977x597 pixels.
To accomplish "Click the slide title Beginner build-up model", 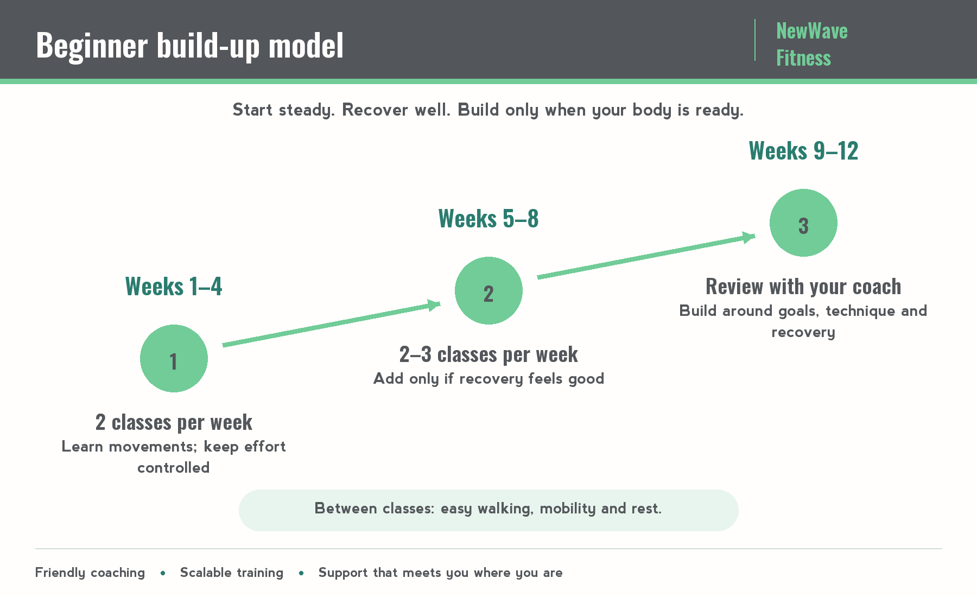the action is pos(189,45).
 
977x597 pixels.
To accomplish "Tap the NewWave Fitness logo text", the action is pos(811,44).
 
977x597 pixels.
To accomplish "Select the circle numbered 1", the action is pos(174,358).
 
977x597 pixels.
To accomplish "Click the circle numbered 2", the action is pos(488,290).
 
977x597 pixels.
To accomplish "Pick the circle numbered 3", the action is pos(803,223).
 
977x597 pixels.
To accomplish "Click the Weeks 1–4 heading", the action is pos(174,286).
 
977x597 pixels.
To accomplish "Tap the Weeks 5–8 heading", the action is pos(488,218).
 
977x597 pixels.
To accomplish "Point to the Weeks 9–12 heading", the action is pos(803,150).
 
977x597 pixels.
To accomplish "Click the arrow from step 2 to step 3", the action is pos(646,256).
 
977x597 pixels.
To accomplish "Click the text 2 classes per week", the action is pos(174,422).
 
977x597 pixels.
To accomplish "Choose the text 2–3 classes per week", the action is pos(488,354).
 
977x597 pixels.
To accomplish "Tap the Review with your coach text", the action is pos(803,287).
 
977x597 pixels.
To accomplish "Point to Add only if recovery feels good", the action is pos(488,379).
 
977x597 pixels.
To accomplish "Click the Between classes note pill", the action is pos(488,510).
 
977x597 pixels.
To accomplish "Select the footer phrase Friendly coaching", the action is pos(90,573).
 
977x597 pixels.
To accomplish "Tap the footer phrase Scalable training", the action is pos(232,573).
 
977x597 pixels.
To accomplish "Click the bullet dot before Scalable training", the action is pos(163,573).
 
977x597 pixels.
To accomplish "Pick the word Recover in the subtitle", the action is pos(375,110).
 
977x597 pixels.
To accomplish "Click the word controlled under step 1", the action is pos(174,468).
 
